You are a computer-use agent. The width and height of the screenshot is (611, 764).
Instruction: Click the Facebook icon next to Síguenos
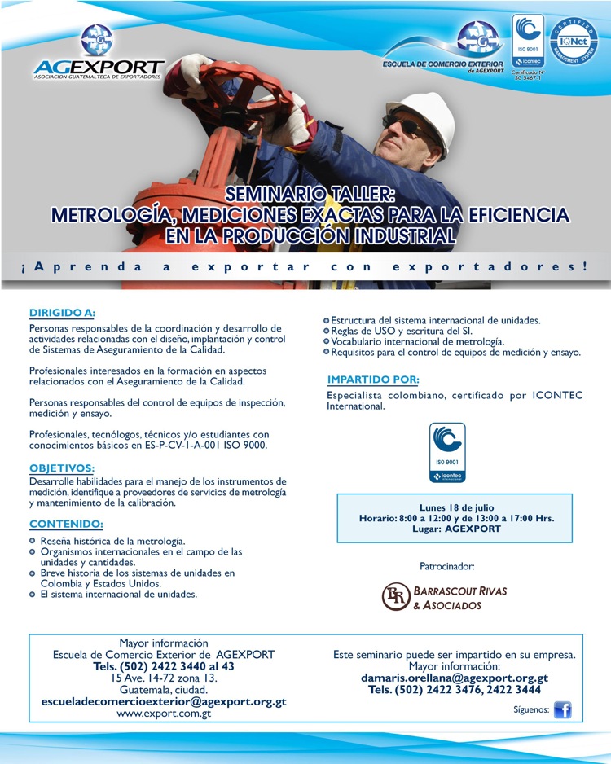562,710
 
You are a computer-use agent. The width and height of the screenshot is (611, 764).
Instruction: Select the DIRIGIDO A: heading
63,312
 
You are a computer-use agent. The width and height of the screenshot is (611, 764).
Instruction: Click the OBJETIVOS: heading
62,468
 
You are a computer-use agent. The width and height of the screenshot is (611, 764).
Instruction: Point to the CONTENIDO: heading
66,524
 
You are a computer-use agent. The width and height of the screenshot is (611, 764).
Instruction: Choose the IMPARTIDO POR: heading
373,380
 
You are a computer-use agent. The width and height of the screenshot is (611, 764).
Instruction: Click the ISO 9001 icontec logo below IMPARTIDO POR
447,452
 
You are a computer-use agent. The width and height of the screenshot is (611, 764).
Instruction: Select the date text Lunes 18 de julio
456,507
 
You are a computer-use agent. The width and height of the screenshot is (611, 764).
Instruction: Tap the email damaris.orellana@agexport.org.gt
455,678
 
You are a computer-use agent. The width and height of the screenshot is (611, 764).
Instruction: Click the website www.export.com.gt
164,714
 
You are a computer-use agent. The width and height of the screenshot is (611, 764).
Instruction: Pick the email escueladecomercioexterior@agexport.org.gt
164,701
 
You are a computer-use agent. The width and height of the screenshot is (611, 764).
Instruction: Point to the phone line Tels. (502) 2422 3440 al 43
164,666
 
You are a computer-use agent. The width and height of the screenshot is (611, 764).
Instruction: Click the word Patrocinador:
446,565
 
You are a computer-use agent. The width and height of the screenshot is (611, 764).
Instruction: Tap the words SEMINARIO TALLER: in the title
310,195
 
